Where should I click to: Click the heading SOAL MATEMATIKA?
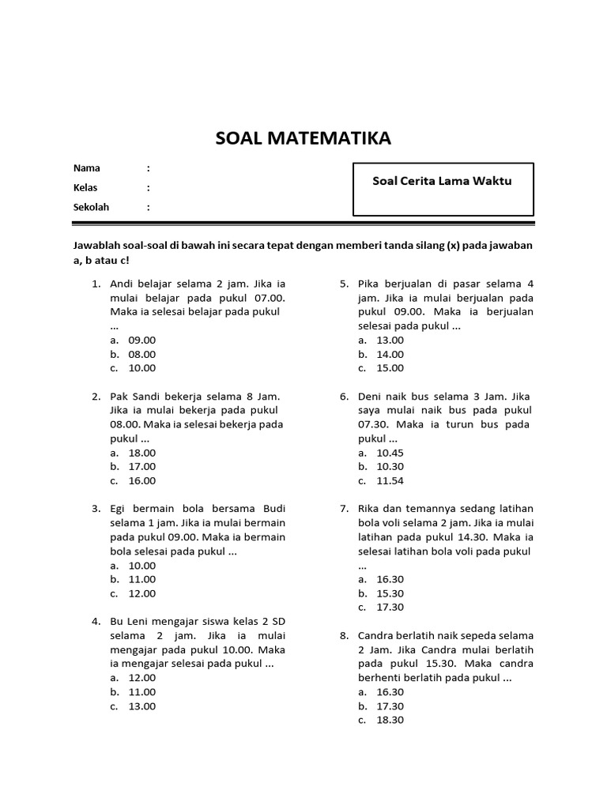tap(303, 140)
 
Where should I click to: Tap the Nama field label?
tap(87, 168)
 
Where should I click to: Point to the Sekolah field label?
tap(91, 207)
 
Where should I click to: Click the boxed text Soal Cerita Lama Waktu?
tap(442, 181)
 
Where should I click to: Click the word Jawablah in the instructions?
tap(98, 246)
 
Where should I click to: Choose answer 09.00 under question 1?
tap(142, 340)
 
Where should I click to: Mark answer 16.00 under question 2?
tap(142, 480)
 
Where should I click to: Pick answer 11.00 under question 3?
tap(142, 579)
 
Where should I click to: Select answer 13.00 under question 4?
tap(142, 706)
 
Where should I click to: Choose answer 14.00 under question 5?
tap(390, 354)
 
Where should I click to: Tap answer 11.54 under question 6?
tap(390, 480)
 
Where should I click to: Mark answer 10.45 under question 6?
tap(390, 453)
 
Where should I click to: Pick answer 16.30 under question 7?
tap(390, 579)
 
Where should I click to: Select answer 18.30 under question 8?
tap(390, 720)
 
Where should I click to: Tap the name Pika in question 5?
tap(368, 284)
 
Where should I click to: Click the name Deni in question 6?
tap(370, 397)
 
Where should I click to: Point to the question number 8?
tap(344, 635)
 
